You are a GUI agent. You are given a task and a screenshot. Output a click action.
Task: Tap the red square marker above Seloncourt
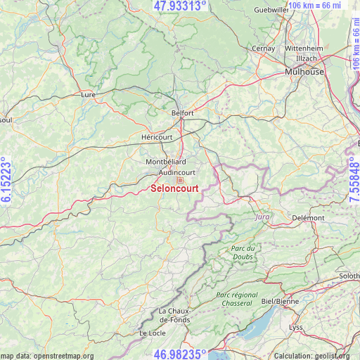tap(180, 180)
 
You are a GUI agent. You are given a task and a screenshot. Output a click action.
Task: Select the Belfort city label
tap(182, 112)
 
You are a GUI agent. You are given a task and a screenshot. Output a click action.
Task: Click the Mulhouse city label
tap(304, 72)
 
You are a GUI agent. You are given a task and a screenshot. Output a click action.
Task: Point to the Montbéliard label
tap(166, 162)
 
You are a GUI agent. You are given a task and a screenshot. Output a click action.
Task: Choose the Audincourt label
tap(177, 172)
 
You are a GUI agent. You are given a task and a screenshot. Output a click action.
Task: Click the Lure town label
tap(89, 94)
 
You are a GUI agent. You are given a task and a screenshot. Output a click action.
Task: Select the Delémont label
tap(308, 218)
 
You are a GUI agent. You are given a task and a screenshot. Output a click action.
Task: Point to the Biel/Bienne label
tap(280, 301)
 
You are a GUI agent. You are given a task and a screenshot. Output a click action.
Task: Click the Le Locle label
tap(153, 333)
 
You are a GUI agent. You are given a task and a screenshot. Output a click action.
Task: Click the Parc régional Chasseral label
tap(237, 300)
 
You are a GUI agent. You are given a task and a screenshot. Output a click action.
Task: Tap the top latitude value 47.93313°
tap(180, 6)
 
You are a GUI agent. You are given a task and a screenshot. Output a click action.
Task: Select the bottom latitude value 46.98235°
tap(180, 354)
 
